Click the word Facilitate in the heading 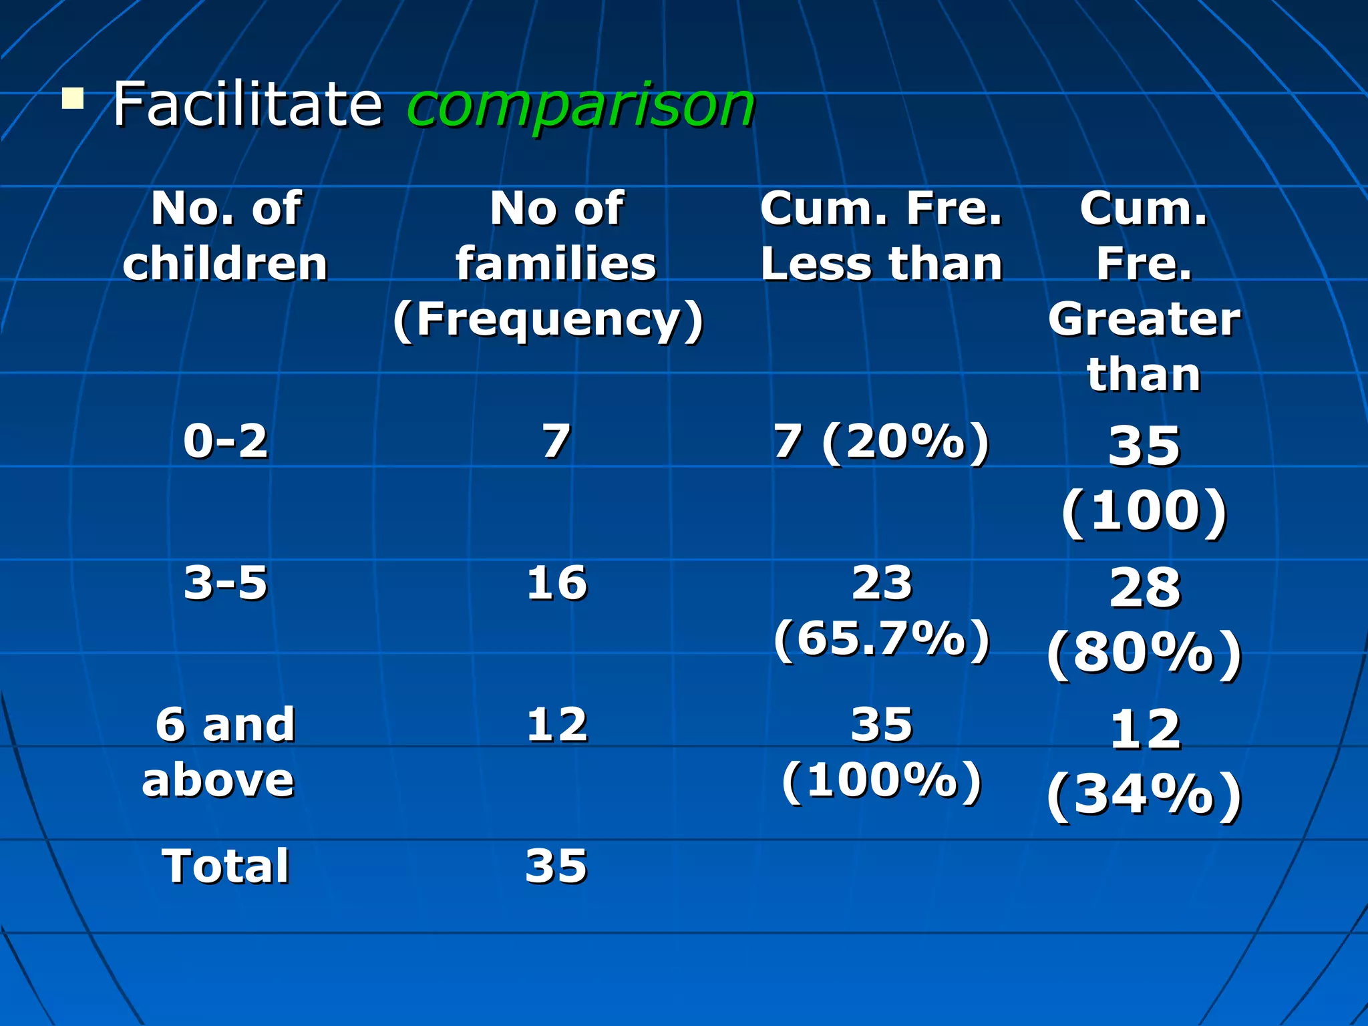(x=247, y=104)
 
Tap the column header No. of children (x=226, y=236)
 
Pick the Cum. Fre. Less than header (x=881, y=236)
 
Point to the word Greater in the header (x=1144, y=319)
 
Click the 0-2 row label (x=226, y=442)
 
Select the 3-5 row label (x=226, y=582)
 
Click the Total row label (x=226, y=866)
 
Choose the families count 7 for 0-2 (x=556, y=442)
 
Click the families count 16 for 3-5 (x=556, y=582)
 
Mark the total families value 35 (x=556, y=866)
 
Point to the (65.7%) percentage (x=882, y=639)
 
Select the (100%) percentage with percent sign (x=882, y=780)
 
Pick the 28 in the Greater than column (x=1145, y=588)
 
